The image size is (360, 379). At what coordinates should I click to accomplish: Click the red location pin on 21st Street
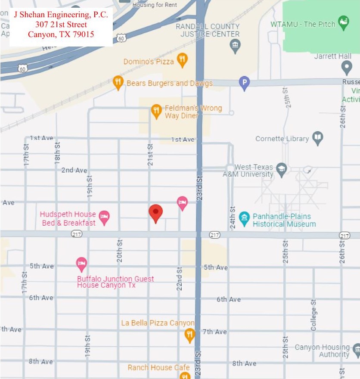pos(155,212)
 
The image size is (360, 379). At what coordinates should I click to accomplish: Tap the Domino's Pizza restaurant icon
pos(183,60)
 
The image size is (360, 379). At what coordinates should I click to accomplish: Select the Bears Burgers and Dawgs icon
pos(118,82)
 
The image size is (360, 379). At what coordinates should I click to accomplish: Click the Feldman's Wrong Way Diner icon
pos(156,111)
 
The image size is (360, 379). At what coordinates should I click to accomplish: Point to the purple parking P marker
pos(244,83)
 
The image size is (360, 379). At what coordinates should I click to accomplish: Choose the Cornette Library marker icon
pos(318,138)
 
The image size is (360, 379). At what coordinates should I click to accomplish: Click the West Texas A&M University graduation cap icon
pos(282,168)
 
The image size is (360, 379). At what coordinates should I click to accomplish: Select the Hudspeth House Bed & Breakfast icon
pos(104,217)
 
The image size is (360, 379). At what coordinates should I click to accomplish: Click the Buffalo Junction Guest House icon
pos(81,263)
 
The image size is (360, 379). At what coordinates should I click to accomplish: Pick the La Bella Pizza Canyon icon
pos(189,335)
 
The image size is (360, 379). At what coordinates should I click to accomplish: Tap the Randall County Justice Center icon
pos(235,46)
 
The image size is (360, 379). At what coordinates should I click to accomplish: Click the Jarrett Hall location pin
pos(346,67)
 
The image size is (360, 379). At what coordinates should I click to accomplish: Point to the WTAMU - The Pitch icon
pos(343,23)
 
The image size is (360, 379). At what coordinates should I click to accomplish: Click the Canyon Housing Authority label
pos(322,351)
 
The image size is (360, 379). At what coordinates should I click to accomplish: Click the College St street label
pos(313,315)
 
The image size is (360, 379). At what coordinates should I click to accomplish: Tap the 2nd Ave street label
pos(74,170)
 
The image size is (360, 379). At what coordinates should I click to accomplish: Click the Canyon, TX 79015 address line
pos(61,34)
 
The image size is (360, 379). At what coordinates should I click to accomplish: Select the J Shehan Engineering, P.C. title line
pos(61,15)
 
